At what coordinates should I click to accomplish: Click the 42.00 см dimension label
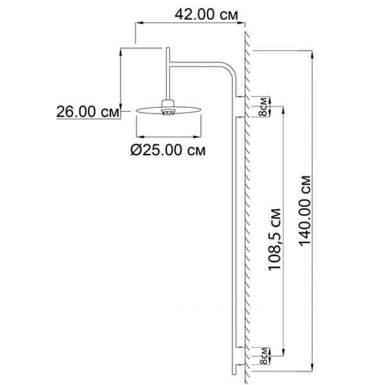click(206, 15)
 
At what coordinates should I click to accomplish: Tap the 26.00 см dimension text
click(87, 112)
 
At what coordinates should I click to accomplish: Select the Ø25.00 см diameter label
click(168, 150)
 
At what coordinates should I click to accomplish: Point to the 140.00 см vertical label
click(305, 211)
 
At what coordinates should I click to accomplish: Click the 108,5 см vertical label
click(274, 239)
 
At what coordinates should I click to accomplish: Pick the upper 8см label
click(263, 107)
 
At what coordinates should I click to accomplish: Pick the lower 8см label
click(263, 356)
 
